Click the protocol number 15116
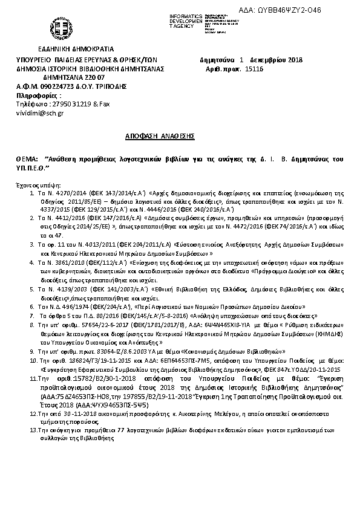pos(254,70)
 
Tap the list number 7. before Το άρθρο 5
pos(32,316)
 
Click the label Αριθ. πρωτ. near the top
pos(224,70)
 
